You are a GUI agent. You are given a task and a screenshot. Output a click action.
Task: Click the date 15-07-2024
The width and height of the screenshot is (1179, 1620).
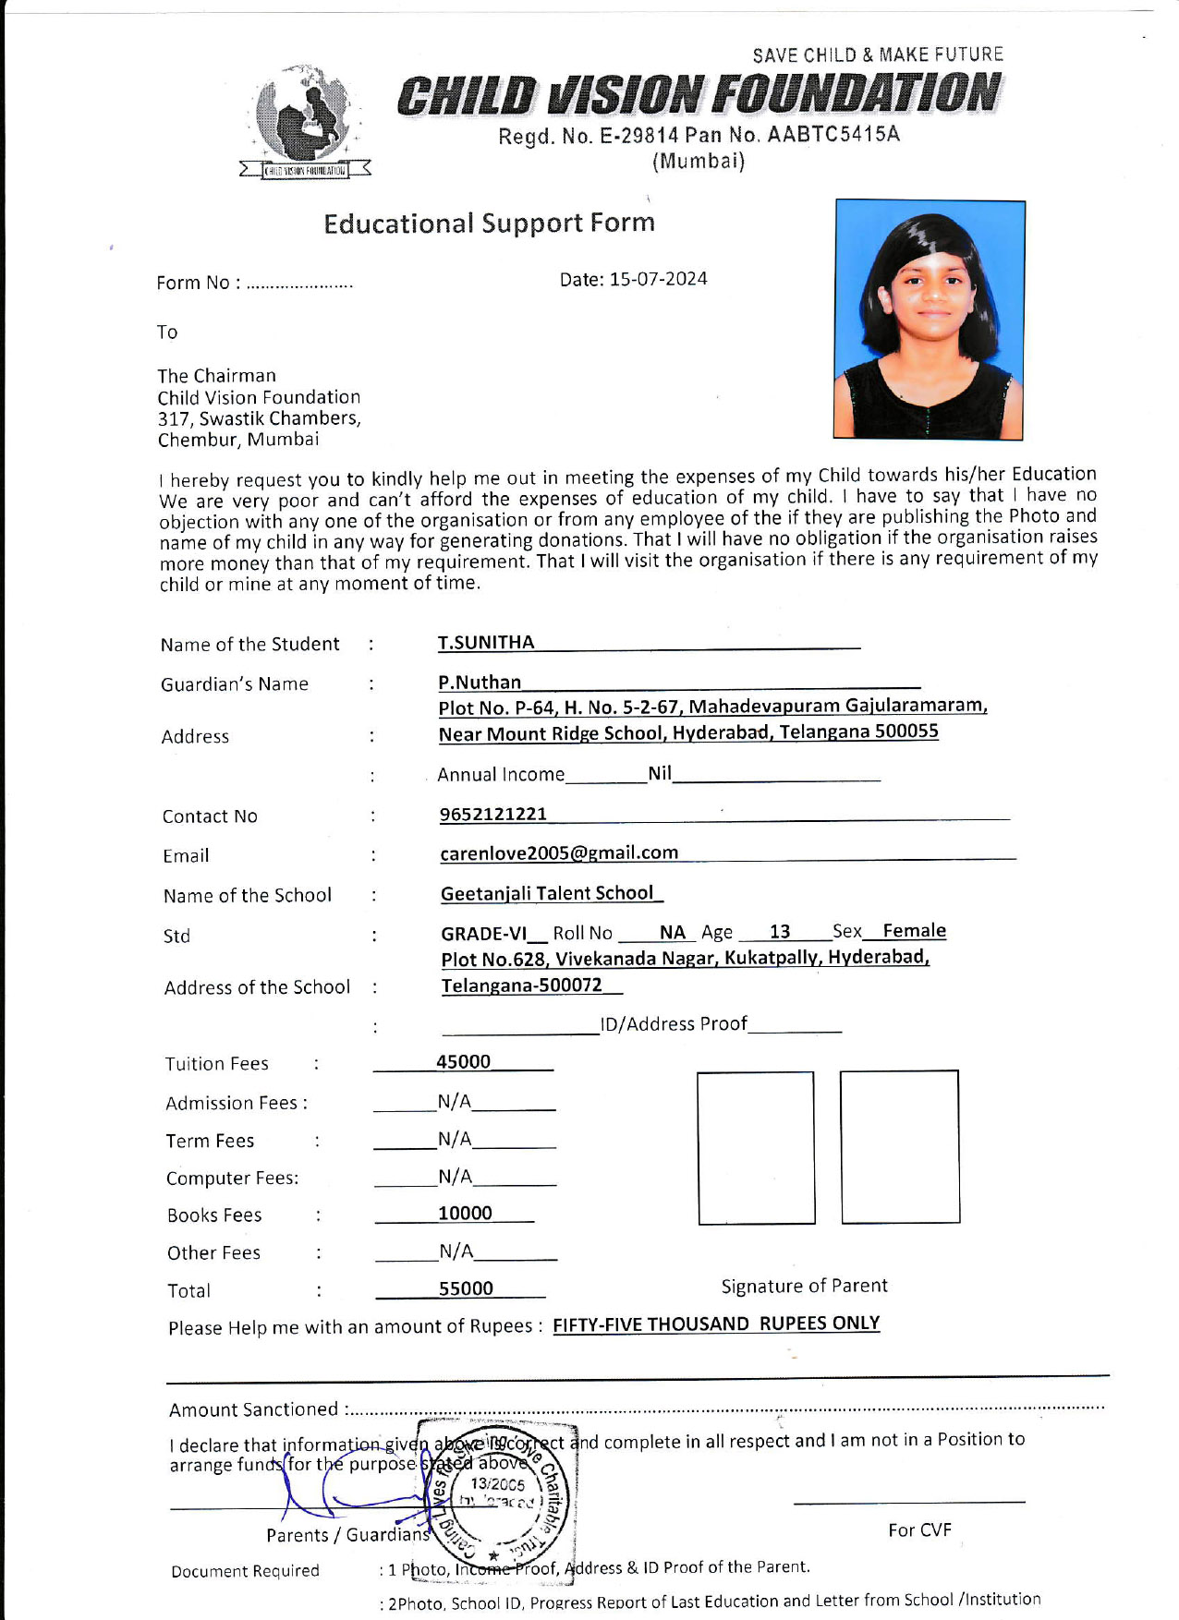[658, 279]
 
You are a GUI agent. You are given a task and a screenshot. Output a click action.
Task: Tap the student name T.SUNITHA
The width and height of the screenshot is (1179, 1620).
[486, 643]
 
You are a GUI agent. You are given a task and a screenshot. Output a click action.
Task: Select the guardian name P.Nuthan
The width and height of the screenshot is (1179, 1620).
[480, 683]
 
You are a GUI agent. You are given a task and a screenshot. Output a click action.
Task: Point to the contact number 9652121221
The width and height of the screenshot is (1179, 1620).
[493, 814]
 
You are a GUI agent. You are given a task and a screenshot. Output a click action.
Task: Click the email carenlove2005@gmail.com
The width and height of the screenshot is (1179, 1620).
[559, 853]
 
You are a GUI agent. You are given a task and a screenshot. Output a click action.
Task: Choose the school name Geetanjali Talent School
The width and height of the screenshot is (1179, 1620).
[547, 893]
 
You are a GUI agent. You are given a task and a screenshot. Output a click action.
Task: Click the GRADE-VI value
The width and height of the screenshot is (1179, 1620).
[483, 934]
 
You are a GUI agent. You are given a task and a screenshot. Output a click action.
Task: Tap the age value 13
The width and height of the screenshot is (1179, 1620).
[780, 932]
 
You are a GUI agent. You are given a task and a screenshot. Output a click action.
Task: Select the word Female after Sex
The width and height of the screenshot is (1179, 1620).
[914, 930]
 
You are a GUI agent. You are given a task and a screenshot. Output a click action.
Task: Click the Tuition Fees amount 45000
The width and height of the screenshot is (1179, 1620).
[463, 1062]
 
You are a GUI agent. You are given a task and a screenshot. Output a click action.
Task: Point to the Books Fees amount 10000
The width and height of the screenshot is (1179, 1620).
[465, 1214]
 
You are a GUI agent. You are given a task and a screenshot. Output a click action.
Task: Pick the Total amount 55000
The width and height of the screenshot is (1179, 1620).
[466, 1288]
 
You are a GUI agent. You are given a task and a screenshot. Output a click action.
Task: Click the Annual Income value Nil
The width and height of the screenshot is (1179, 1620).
[660, 773]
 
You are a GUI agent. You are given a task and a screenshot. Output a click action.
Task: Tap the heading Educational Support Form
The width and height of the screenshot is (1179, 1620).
[489, 224]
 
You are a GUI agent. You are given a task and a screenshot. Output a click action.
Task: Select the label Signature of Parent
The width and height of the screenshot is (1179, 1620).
[804, 1286]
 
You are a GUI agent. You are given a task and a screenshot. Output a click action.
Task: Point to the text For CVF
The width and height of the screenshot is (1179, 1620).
[919, 1530]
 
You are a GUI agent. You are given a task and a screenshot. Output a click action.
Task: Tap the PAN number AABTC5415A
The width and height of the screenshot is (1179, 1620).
[833, 135]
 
